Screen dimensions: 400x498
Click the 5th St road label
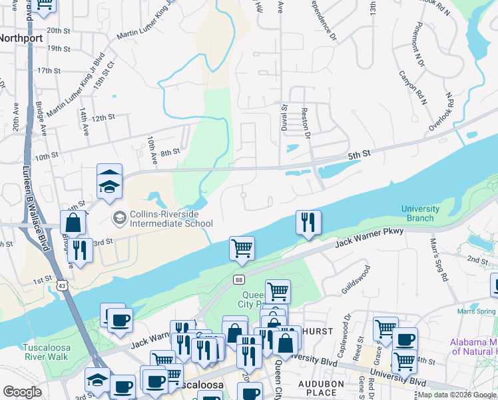coord(358,155)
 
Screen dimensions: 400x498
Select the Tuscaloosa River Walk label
coord(45,352)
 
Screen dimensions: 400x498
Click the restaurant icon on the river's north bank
coord(308,222)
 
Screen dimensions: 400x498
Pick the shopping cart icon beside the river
coord(242,247)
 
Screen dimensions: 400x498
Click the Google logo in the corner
coord(22,392)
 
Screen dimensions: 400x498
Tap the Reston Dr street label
coord(307,123)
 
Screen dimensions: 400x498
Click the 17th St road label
coord(49,70)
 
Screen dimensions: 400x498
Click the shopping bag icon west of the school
coord(73,223)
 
